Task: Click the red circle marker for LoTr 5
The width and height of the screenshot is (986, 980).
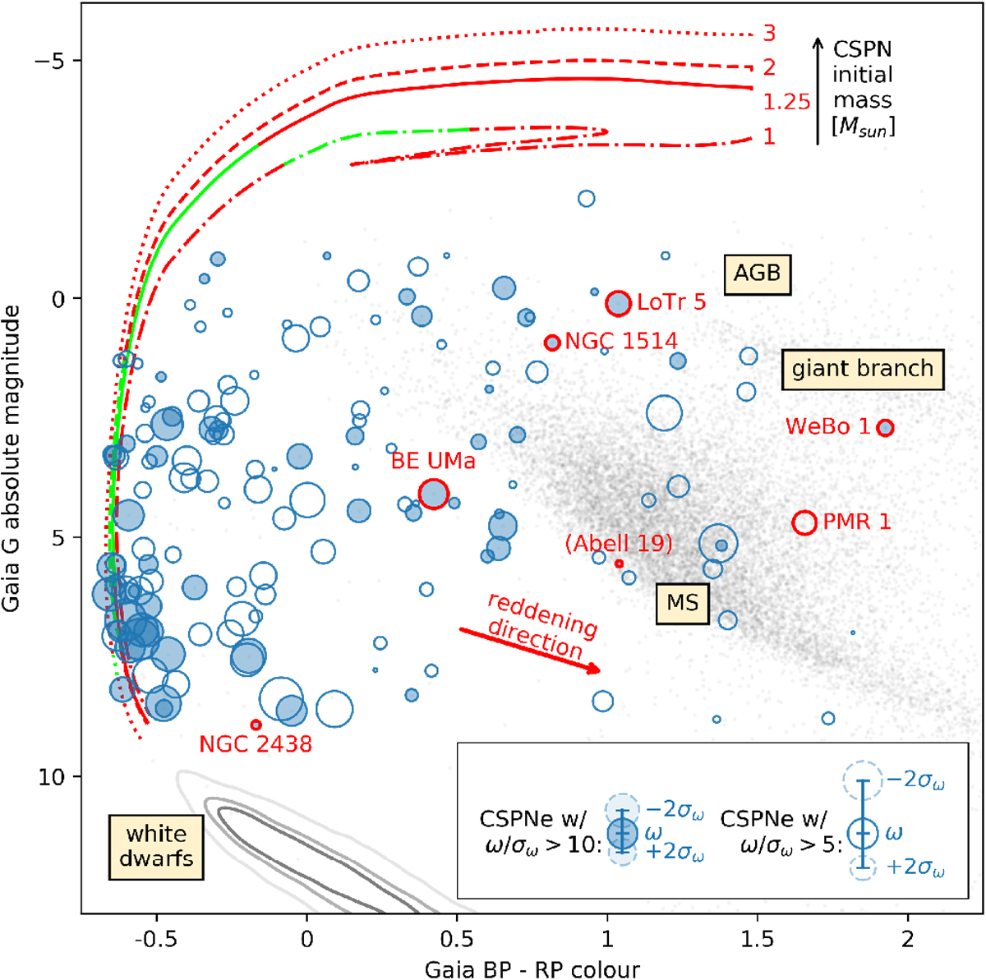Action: [x=618, y=303]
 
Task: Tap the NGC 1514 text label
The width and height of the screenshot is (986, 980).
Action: [x=621, y=341]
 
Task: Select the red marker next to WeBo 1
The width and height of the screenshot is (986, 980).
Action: [x=885, y=428]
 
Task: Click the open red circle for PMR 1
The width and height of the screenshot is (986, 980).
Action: [x=804, y=522]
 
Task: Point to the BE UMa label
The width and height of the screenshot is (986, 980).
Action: [x=433, y=462]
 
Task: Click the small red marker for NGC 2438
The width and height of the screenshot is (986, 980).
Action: [x=256, y=725]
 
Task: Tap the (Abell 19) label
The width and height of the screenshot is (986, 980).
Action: [x=619, y=543]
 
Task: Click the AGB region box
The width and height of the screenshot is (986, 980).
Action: [x=757, y=274]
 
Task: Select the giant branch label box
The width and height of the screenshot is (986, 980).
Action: [x=862, y=369]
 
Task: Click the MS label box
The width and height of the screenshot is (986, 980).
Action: [x=682, y=603]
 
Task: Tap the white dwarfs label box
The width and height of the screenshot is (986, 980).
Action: [x=155, y=846]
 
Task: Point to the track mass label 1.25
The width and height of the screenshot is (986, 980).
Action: [x=786, y=103]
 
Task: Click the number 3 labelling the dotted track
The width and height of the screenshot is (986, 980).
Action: [x=769, y=34]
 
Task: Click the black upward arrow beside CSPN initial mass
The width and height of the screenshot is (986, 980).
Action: [x=818, y=90]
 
